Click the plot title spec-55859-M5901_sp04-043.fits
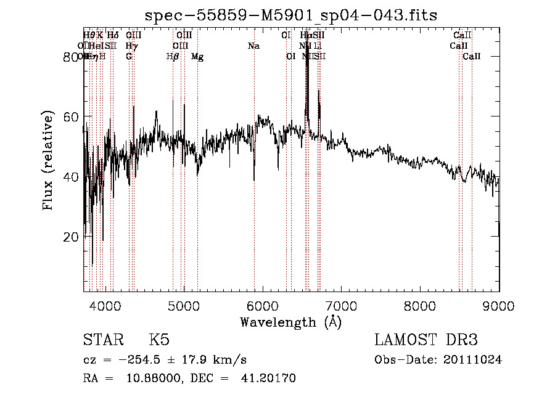(290, 15)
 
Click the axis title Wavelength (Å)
(290, 322)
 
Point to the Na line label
(253, 46)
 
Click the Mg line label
(197, 57)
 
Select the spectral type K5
(159, 340)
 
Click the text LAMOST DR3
(426, 340)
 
